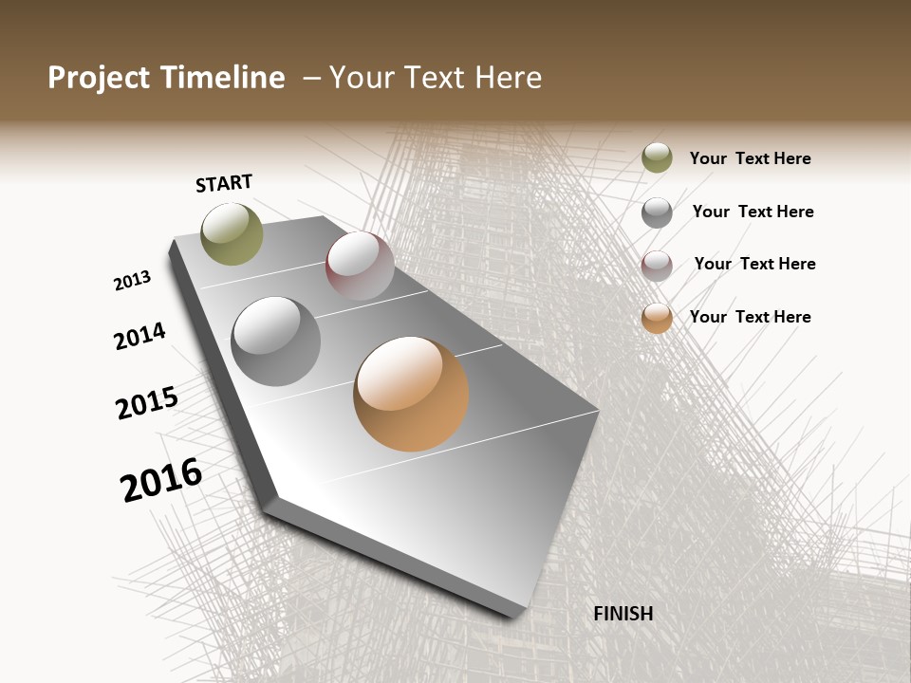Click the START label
224,183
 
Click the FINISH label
623,614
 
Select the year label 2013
132,281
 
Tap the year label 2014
139,336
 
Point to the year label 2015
147,402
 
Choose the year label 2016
161,479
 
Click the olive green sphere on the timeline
232,233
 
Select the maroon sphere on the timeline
360,265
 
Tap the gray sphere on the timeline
276,341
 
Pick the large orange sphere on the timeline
411,394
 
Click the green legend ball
657,157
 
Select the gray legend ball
657,212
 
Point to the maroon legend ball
657,266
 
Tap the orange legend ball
657,318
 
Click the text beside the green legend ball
750,158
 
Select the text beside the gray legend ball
753,212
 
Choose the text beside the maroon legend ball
754,264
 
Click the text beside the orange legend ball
750,317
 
